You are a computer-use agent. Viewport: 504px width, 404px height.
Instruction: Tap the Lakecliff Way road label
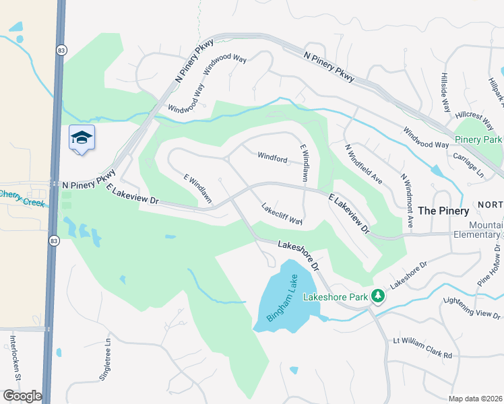coord(281,213)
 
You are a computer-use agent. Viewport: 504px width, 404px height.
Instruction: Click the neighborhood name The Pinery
coord(443,211)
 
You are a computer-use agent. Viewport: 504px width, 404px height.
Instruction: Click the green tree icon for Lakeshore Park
coord(378,296)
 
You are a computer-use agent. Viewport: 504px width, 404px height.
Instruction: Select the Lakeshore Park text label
coord(335,296)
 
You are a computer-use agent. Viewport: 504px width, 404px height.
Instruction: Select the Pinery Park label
coord(478,139)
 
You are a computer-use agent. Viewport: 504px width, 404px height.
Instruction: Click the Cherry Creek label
coord(20,195)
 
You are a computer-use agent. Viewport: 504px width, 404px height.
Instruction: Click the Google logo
coord(22,395)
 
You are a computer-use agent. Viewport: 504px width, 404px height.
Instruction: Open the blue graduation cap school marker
coord(82,138)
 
